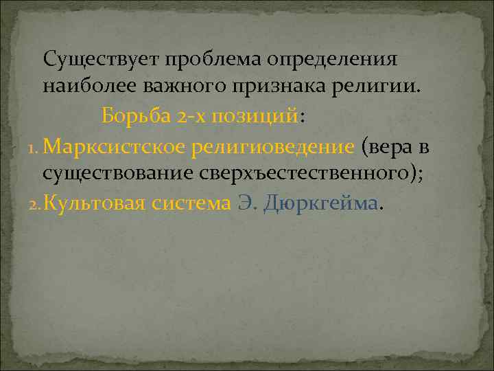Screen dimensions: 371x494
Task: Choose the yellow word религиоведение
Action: [x=273, y=146]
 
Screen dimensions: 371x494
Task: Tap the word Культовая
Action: [x=95, y=203]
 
